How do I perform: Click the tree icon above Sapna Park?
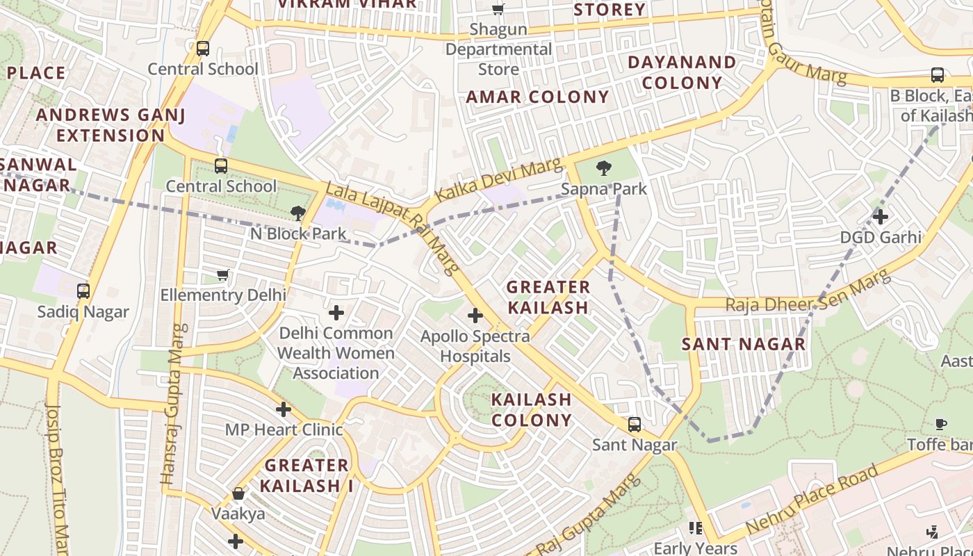604,167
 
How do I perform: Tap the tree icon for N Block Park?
299,213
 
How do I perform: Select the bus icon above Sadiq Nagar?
83,291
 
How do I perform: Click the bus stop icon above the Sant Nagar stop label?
635,424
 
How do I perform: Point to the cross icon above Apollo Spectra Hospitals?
475,316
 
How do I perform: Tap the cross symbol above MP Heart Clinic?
284,409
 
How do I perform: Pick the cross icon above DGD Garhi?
881,217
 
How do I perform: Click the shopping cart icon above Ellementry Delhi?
222,275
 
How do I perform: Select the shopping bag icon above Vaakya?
238,493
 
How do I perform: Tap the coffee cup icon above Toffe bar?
940,424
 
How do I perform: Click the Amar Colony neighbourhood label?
537,97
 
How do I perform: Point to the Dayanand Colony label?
682,72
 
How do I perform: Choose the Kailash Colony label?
532,409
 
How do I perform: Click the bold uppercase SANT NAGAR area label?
744,344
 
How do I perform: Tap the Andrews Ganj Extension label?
111,125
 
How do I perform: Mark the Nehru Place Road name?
812,499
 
